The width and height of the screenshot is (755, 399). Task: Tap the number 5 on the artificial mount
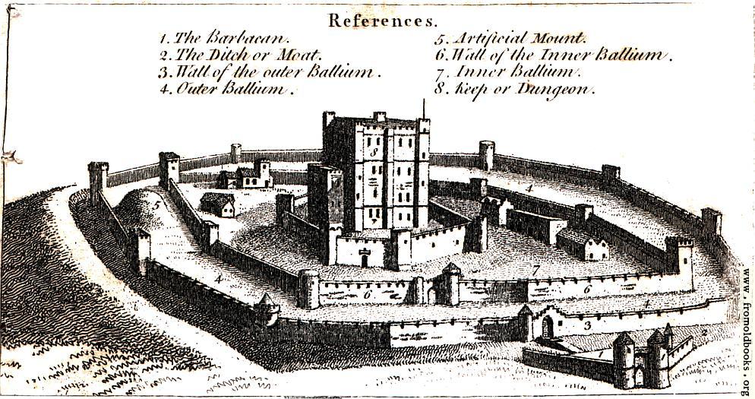point(156,204)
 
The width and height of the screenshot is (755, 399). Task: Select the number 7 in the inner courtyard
point(536,271)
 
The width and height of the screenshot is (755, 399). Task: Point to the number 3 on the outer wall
point(587,326)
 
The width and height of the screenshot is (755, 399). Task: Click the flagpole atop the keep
point(424,109)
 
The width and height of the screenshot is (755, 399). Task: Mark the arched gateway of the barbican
point(639,376)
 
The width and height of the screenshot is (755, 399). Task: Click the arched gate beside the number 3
point(548,328)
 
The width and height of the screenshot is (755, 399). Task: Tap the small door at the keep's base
point(365,260)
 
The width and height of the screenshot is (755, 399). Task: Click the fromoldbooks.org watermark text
point(747,333)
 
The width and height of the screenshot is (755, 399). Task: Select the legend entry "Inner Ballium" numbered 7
point(508,72)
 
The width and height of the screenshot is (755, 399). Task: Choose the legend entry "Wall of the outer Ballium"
point(270,72)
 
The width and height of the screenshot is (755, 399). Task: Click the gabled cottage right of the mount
point(218,204)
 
